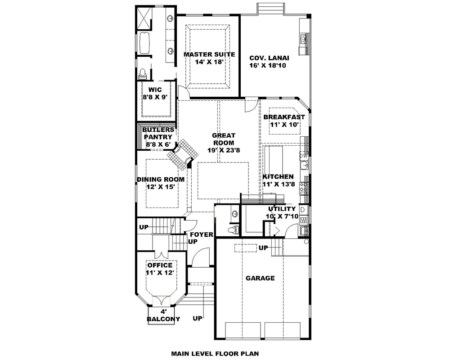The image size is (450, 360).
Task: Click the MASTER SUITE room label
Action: (x=209, y=54)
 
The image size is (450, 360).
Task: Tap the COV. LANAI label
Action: (x=269, y=58)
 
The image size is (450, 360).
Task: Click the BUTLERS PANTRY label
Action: (x=157, y=137)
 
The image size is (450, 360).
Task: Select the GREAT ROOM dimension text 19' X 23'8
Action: (x=219, y=151)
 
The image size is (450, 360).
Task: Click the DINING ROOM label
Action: (x=161, y=179)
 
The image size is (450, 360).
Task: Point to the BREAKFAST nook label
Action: (x=284, y=117)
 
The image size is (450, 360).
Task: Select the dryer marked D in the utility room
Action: (x=303, y=210)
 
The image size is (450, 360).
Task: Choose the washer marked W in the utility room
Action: (x=303, y=220)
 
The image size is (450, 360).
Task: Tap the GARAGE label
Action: (x=260, y=278)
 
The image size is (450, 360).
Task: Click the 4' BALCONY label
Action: (x=163, y=315)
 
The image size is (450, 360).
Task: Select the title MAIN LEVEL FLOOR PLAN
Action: (x=215, y=354)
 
